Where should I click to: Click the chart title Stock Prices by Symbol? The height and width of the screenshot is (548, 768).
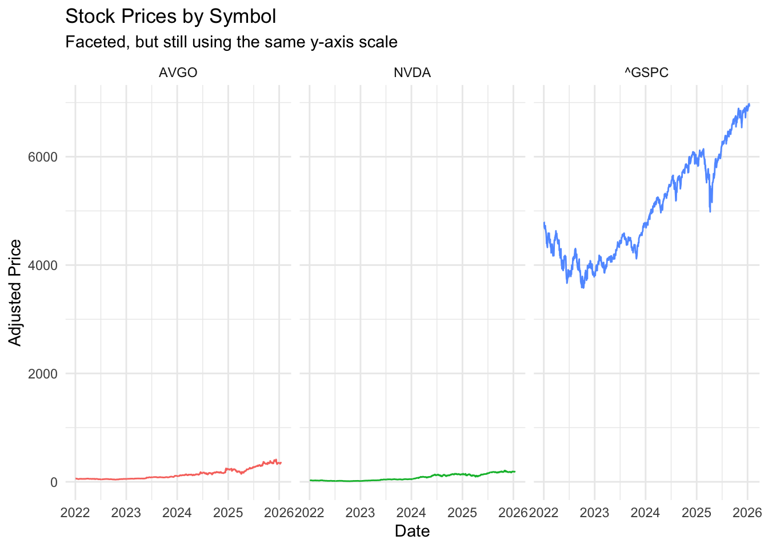[170, 17]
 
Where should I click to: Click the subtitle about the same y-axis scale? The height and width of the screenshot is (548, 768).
[231, 42]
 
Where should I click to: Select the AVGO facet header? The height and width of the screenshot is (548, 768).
[178, 73]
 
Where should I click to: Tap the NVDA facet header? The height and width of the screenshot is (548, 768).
[412, 73]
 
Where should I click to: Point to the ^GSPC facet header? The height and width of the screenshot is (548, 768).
[646, 73]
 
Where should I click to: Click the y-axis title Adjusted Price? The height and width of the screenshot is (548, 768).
[15, 292]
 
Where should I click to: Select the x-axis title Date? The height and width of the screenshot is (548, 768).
[412, 531]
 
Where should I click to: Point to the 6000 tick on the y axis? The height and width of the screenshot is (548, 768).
[43, 157]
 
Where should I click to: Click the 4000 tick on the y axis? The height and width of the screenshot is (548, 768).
[43, 265]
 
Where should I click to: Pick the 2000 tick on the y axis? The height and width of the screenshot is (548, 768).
[43, 374]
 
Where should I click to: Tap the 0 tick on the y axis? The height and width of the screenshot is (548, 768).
[54, 482]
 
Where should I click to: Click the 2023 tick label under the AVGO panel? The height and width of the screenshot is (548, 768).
[126, 513]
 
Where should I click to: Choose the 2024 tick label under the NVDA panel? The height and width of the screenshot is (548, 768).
[411, 513]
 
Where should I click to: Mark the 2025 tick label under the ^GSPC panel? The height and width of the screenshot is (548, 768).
[696, 513]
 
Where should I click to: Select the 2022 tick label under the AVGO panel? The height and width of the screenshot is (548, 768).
[75, 513]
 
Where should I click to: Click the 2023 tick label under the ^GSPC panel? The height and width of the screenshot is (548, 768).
[594, 513]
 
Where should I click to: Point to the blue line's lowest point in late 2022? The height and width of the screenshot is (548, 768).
[583, 288]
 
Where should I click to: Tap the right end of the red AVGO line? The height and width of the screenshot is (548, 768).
[281, 462]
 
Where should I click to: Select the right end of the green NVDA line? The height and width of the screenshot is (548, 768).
[515, 472]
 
